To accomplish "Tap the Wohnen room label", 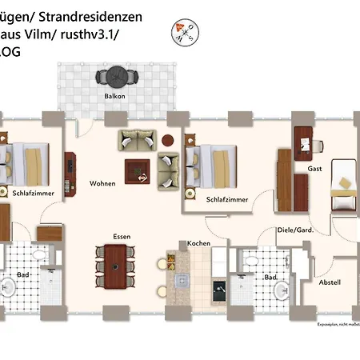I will (102, 183).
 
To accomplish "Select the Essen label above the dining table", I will (122, 236).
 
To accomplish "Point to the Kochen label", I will (198, 242).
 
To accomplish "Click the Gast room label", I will (314, 169).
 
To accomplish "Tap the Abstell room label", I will (330, 282).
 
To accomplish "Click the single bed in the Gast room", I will (345, 182).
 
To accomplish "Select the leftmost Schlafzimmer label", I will (32, 193).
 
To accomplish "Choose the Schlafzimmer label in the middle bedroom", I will (226, 199).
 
